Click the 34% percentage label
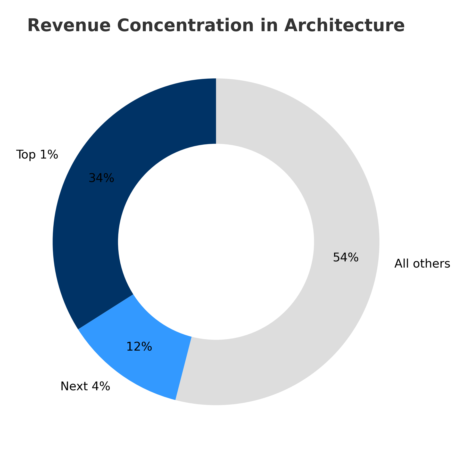(x=101, y=178)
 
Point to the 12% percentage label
(x=139, y=347)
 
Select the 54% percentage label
(x=346, y=258)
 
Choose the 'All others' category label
(x=422, y=264)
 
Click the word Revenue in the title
(x=69, y=26)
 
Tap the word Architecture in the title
(x=344, y=26)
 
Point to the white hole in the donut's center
(x=216, y=242)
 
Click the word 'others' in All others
(x=432, y=264)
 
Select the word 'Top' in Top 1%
(x=25, y=155)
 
